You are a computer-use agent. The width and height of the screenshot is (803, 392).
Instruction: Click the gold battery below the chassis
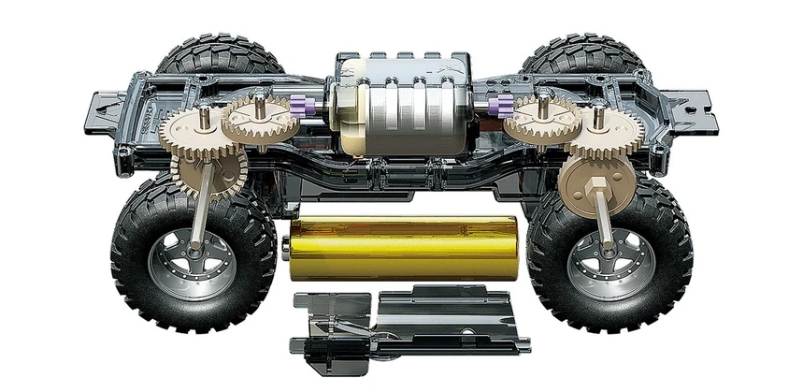coord(402,248)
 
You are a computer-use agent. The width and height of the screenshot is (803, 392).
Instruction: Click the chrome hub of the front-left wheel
coord(192,262)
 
